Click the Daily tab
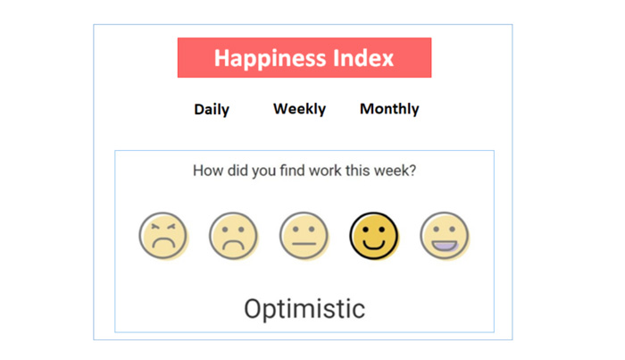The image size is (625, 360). pos(212,109)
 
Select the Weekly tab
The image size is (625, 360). pos(299,109)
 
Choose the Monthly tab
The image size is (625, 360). pos(389,109)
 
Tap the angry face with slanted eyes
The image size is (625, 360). pos(163,236)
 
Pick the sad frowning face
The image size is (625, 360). pos(234,236)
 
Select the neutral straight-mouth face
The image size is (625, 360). pos(304,236)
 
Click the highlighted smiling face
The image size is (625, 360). pos(374,236)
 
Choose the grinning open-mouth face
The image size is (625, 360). pos(445,236)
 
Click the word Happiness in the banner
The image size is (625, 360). pos(271,59)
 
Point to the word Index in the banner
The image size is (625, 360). pos(363,58)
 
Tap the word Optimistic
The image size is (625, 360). pos(304,309)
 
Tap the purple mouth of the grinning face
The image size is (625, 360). pos(445,246)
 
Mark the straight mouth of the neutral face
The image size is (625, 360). pos(304,244)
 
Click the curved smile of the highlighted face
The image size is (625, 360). pos(373,243)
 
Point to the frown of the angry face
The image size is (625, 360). pos(163,242)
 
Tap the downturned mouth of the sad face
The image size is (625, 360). pos(234,244)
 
